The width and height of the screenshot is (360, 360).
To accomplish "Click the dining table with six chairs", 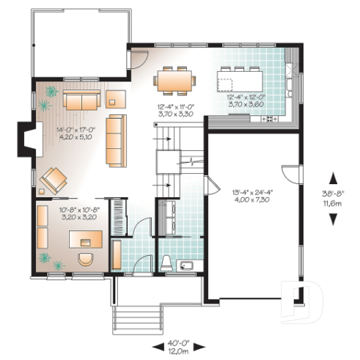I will (175, 79).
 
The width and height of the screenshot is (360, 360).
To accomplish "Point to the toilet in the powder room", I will (165, 262).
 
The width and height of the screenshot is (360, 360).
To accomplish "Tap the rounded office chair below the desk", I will (86, 259).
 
